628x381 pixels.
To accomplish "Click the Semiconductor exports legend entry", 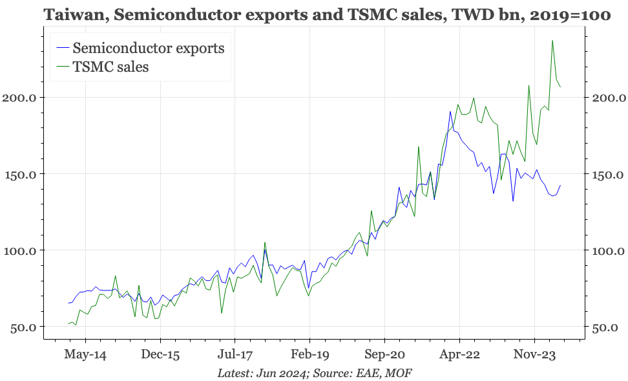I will point(149,48).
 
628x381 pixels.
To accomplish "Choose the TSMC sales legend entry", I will point(110,66).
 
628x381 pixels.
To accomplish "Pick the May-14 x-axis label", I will point(85,354).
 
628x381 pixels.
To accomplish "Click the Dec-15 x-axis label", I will point(160,354).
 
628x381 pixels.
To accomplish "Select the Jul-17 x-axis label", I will point(235,354).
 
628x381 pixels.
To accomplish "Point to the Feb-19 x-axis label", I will point(310,354).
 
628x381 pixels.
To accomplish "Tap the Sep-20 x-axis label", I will point(384,354).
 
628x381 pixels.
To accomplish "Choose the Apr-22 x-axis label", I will point(459,354).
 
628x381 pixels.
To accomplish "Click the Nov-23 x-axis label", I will point(534,354).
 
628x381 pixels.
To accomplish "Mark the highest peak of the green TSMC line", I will point(552,41).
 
